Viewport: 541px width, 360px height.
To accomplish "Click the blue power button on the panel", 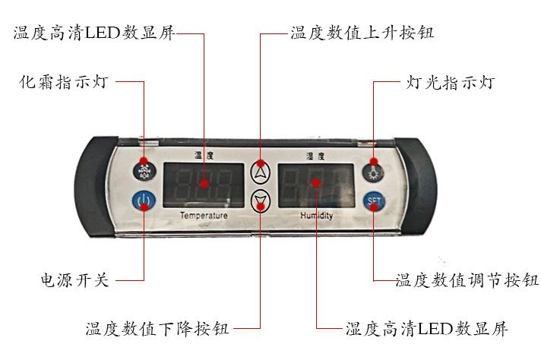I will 144,201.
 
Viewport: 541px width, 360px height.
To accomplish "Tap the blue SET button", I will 373,201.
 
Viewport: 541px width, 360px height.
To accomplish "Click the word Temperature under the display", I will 204,216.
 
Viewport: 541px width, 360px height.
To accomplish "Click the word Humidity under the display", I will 316,216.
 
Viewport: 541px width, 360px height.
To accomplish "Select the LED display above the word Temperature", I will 204,185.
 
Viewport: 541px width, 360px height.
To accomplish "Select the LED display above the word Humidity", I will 315,185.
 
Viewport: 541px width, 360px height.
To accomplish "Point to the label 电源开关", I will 74,280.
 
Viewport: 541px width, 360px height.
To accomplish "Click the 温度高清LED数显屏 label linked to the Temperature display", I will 93,33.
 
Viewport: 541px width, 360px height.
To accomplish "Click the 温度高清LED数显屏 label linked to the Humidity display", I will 426,329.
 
